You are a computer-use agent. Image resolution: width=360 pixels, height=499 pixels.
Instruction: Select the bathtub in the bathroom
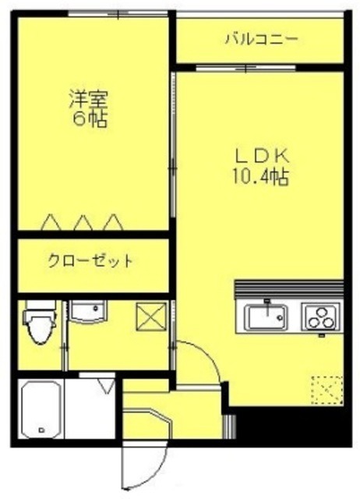click(x=42, y=410)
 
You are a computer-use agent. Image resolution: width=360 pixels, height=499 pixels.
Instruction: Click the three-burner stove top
click(x=319, y=318)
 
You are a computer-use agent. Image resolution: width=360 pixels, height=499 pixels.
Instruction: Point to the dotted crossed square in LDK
click(x=326, y=388)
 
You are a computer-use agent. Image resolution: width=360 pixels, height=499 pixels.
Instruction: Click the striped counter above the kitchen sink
click(x=288, y=288)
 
